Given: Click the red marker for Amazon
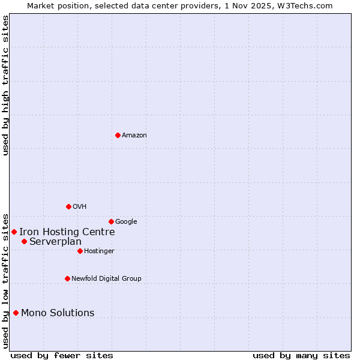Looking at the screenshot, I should tap(118, 135).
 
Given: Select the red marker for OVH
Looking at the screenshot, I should tap(68, 206).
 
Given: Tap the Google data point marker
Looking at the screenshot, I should tap(111, 221).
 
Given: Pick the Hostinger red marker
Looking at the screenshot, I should tap(80, 251).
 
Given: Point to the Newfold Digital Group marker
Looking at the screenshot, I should tap(67, 278).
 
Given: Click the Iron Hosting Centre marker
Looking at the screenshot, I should tap(14, 232).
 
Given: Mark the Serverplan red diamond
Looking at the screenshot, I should tap(24, 241).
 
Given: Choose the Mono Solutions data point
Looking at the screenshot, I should tap(16, 313).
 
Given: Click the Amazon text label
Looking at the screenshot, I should tap(134, 136).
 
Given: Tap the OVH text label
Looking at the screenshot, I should tap(80, 207).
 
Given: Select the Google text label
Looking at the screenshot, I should tap(126, 222).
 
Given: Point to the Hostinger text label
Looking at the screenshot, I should tap(99, 251).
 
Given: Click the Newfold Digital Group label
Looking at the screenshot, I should tap(106, 279).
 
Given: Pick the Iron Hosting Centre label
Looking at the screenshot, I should tap(67, 232).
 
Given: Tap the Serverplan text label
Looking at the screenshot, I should tap(55, 242).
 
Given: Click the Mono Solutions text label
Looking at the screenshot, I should tap(58, 313).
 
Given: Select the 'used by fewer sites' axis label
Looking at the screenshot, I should tap(62, 355).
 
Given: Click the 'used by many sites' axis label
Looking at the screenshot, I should tap(301, 355).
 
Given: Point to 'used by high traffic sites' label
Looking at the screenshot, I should tap(5, 85).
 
